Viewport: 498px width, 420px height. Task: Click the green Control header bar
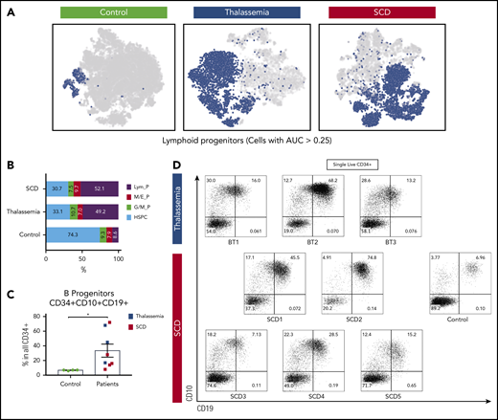coord(103,13)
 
